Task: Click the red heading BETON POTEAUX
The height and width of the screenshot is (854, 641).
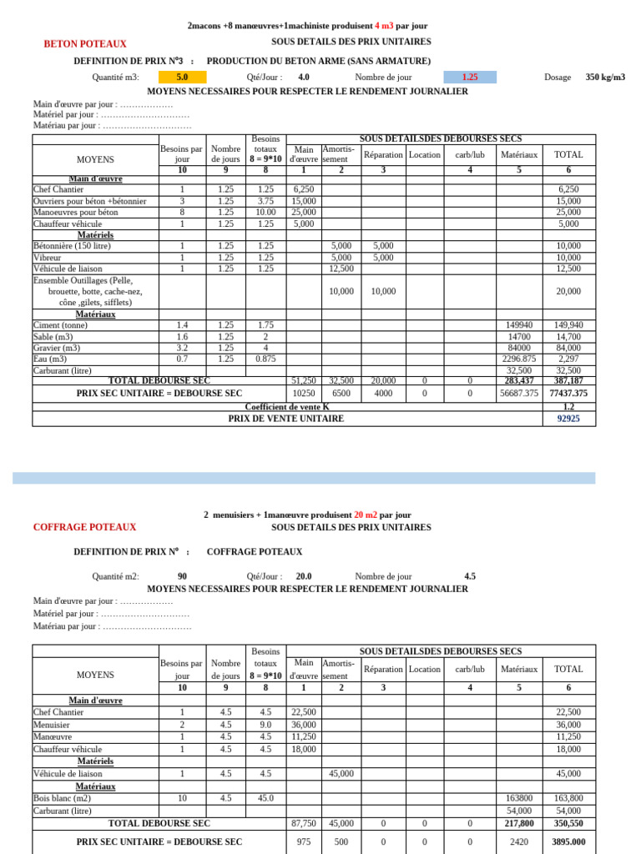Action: coord(85,43)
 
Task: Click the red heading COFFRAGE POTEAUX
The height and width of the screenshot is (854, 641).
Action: coord(84,527)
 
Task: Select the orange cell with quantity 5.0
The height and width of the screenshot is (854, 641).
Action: coord(182,77)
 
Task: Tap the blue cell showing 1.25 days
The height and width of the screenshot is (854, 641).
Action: coord(470,77)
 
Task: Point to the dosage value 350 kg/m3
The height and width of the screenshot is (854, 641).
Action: coord(605,77)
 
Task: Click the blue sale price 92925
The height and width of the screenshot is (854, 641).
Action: coord(568,419)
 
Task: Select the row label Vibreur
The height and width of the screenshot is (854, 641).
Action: coord(48,258)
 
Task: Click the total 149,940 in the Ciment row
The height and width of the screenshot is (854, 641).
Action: coord(568,325)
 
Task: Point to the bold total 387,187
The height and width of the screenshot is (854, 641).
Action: coord(568,380)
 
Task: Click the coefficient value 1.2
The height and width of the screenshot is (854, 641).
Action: coord(568,407)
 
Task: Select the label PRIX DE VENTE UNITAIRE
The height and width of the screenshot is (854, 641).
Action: coord(286,419)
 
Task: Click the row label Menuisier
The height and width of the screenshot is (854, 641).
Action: coord(52,726)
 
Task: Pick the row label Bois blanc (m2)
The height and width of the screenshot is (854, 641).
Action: coord(63,798)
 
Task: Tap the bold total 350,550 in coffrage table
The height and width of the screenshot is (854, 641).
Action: coord(568,823)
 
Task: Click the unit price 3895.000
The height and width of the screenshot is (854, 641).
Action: coord(568,842)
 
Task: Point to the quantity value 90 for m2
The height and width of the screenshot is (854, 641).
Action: coord(182,576)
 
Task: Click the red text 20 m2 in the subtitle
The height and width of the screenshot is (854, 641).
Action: coord(366,515)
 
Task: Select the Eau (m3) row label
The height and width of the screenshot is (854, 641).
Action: coord(50,359)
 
